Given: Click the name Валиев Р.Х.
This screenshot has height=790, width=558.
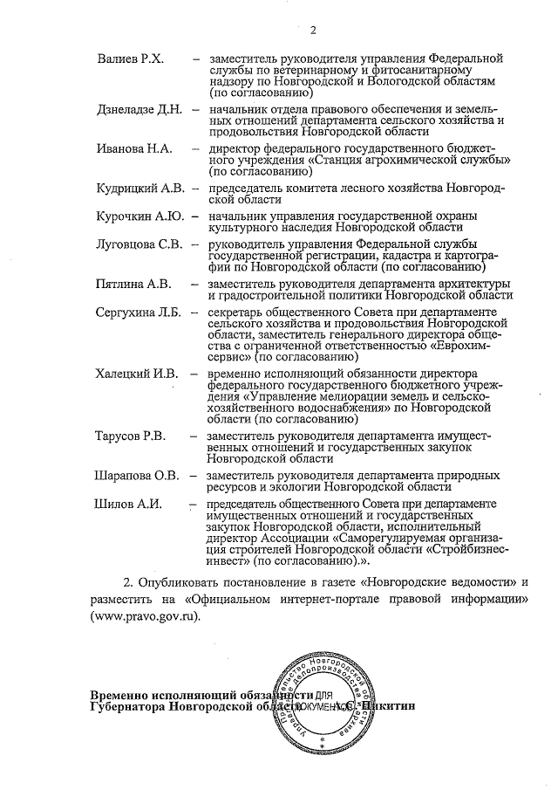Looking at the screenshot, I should point(129,58).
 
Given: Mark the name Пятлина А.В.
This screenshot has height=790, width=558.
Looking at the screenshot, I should point(134,284).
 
